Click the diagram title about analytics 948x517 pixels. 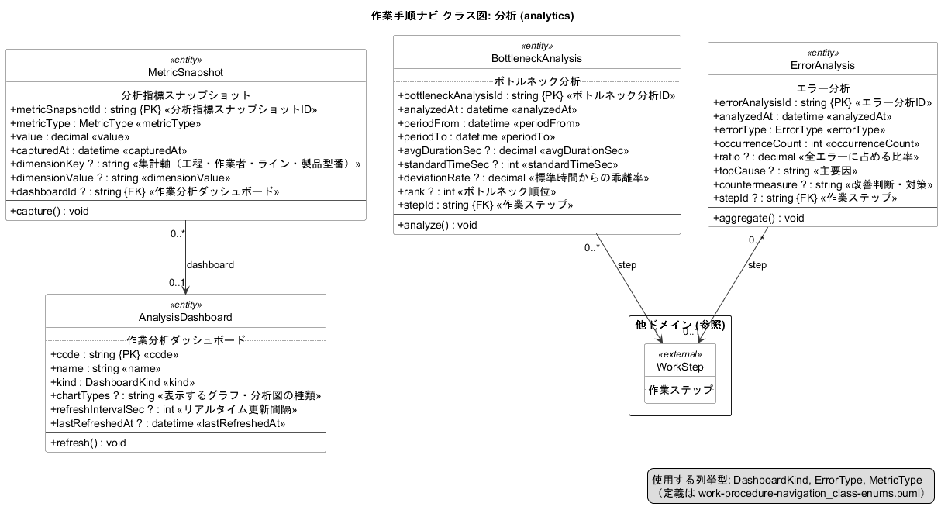[472, 16]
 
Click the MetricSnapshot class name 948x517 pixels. [185, 72]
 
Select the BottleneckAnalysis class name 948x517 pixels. [536, 58]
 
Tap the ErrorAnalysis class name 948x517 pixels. [822, 66]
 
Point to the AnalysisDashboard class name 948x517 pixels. [185, 317]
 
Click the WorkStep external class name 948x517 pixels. [680, 367]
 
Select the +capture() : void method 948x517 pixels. [50, 211]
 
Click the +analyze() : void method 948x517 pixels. [437, 225]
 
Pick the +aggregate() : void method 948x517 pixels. [758, 219]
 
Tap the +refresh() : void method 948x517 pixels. [88, 443]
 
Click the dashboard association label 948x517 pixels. [210, 265]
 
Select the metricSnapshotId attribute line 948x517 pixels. [164, 109]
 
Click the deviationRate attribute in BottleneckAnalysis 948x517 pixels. [523, 178]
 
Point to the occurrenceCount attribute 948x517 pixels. [816, 144]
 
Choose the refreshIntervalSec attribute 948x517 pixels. [174, 409]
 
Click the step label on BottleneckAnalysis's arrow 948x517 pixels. [627, 265]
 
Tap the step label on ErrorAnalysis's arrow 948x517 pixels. [757, 265]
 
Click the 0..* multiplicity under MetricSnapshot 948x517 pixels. [178, 233]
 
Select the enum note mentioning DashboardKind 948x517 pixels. [791, 486]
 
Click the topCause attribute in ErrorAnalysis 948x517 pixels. [785, 171]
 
